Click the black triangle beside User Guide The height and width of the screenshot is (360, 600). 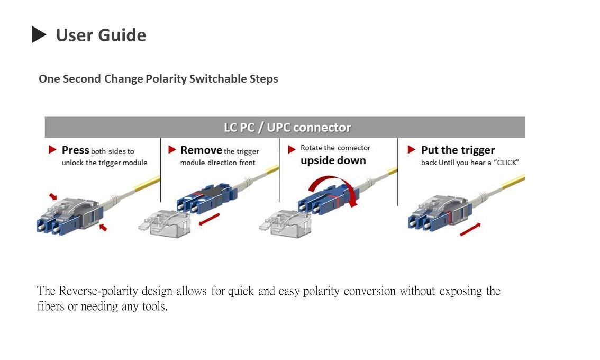pos(39,35)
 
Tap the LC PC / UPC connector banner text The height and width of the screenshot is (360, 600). pos(287,128)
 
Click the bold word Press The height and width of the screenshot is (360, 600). pos(75,150)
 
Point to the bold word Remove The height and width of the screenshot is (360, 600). pos(201,150)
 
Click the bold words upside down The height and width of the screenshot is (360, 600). pos(333,160)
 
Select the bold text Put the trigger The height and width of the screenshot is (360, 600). pos(458,150)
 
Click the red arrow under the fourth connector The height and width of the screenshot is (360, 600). pos(470,229)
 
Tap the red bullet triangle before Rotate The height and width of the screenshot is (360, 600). pos(292,150)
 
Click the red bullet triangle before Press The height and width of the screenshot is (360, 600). pos(52,150)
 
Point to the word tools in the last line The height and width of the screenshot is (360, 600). pos(154,307)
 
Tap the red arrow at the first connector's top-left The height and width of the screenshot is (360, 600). pos(53,196)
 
